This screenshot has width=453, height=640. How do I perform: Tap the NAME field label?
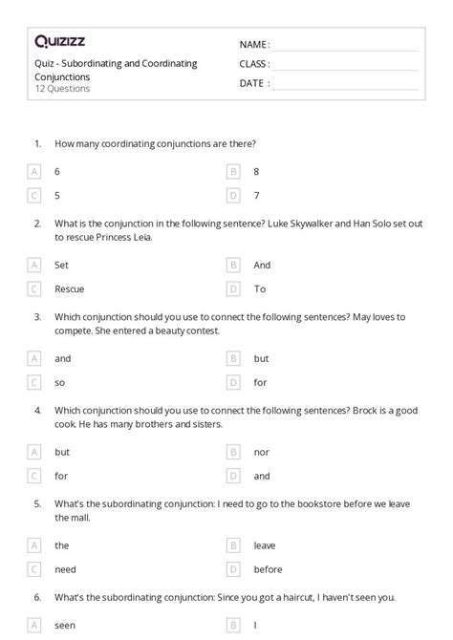[253, 44]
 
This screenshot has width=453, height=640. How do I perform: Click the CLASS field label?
[254, 64]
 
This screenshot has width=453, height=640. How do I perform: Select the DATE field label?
[253, 83]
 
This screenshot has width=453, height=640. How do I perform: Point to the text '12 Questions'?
[62, 89]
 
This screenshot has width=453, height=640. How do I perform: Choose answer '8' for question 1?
[256, 172]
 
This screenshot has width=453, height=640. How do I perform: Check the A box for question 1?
[34, 172]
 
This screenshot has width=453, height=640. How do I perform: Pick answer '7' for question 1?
[256, 196]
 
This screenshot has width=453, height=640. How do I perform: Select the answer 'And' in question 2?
[262, 266]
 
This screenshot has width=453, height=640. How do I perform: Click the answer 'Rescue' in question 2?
[68, 289]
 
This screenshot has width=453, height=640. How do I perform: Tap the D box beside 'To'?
[233, 289]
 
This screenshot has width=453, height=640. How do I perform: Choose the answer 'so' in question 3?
[59, 383]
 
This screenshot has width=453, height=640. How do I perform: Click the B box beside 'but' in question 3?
[233, 359]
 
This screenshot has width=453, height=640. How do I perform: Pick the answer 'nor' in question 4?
[261, 452]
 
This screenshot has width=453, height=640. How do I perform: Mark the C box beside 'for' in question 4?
[34, 476]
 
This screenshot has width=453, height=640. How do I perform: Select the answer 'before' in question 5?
[268, 569]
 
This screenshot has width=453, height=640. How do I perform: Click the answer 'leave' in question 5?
[265, 545]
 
